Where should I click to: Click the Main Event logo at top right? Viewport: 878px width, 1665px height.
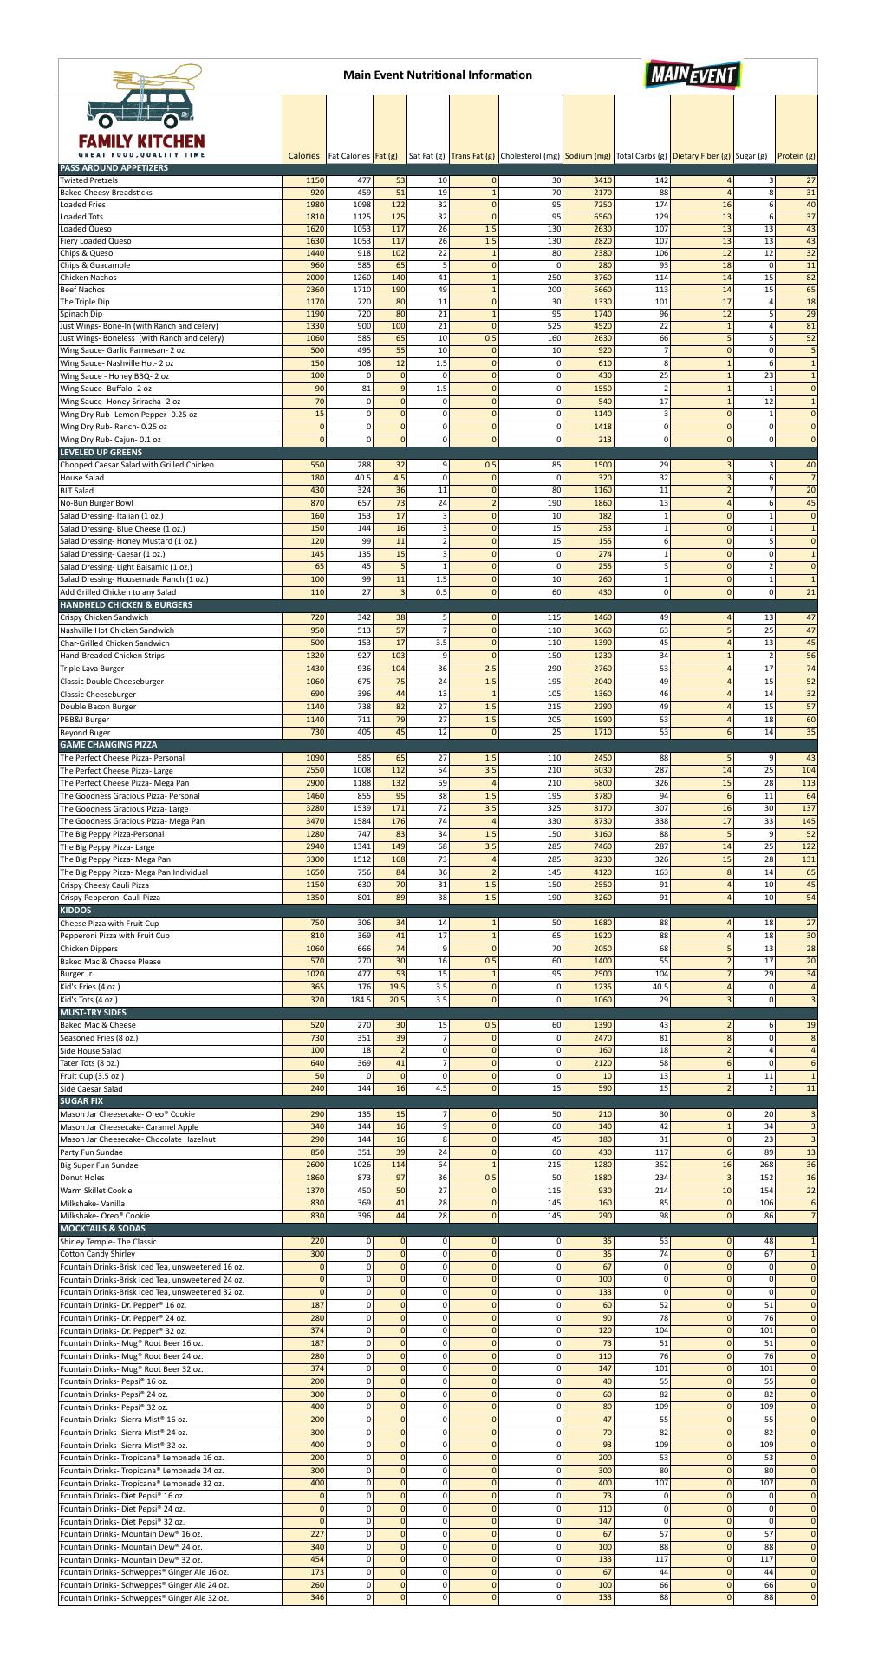click(x=691, y=75)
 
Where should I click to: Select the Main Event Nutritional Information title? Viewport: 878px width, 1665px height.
click(x=438, y=75)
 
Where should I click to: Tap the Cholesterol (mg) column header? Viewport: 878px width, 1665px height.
click(x=530, y=156)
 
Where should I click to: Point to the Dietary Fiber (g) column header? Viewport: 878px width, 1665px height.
click(x=701, y=156)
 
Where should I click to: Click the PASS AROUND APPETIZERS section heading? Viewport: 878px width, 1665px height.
click(x=114, y=168)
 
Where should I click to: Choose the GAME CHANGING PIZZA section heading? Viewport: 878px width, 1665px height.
click(x=108, y=745)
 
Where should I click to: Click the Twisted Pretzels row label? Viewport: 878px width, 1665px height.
click(x=88, y=180)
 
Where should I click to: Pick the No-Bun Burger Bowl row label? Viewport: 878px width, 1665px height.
click(x=96, y=503)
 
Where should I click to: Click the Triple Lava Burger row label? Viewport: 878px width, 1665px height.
click(x=92, y=669)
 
